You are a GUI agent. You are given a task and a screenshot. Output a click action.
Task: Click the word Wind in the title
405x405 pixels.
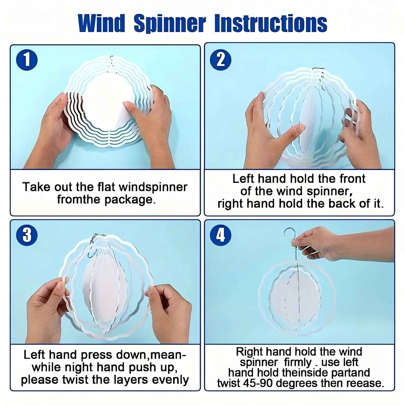tap(102, 23)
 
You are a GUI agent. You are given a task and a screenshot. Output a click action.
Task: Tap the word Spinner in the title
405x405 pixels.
tap(170, 24)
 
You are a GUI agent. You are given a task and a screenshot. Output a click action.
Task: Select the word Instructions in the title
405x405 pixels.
tap(271, 23)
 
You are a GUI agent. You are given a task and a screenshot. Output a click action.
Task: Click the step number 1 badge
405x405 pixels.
tap(27, 60)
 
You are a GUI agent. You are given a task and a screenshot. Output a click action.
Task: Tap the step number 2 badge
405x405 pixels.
tap(221, 60)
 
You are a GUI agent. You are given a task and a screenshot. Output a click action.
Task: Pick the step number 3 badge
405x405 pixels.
tap(27, 235)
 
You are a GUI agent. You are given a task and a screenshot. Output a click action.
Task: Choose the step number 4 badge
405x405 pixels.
tap(221, 235)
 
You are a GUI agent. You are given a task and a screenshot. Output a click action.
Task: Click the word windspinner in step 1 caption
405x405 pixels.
tap(153, 187)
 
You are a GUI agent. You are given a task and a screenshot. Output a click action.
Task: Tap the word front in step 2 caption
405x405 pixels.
tap(352, 179)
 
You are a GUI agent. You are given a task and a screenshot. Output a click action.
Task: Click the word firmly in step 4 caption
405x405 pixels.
tap(298, 362)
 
